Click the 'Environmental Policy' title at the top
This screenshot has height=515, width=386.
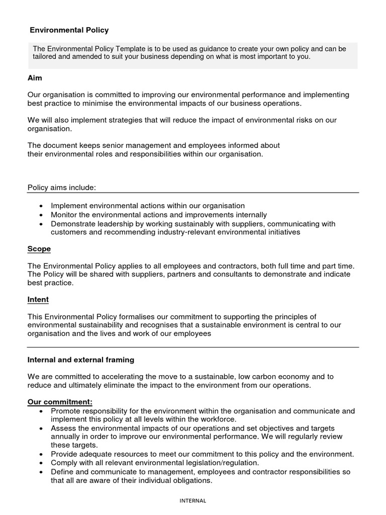click(69, 30)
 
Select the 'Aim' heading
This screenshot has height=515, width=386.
click(35, 78)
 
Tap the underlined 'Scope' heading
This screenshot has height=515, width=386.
click(39, 249)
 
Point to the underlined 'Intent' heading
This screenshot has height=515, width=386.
click(38, 300)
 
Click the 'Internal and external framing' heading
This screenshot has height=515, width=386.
click(81, 360)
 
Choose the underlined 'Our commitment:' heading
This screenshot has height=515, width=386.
click(60, 402)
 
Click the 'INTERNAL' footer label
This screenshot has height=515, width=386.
click(193, 500)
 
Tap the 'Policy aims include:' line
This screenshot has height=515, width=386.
click(61, 188)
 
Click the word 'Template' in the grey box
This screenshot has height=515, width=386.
click(131, 49)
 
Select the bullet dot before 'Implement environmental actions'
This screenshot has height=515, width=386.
click(41, 206)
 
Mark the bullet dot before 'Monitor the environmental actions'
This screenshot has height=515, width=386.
click(41, 215)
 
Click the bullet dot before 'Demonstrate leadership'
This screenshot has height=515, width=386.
click(41, 224)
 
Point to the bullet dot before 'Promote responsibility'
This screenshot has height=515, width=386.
click(41, 411)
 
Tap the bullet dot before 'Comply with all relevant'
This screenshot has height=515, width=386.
click(41, 463)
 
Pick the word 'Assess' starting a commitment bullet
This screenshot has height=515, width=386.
click(63, 428)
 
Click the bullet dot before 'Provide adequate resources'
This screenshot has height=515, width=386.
click(41, 454)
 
